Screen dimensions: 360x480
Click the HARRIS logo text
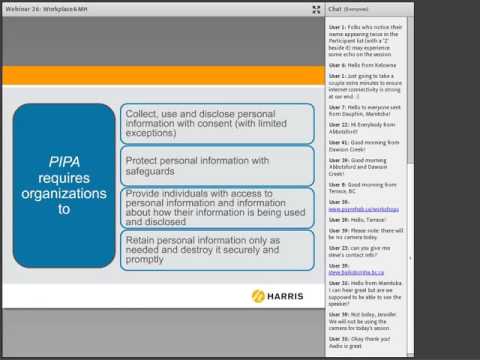point(284,296)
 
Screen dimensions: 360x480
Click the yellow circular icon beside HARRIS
point(258,296)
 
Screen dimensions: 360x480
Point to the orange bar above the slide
point(163,76)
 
